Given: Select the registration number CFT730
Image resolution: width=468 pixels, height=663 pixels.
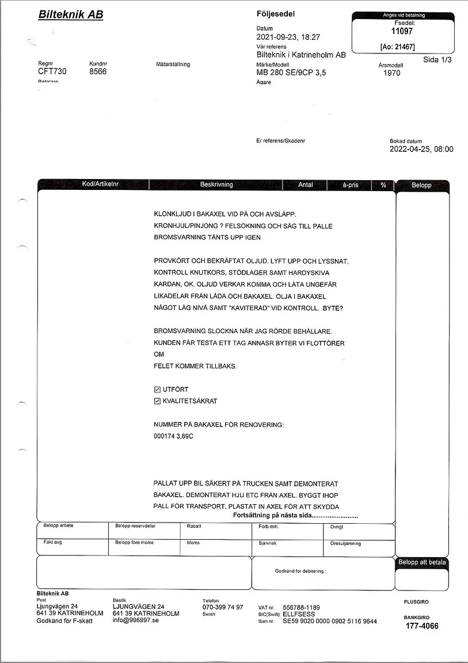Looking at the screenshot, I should point(52,72).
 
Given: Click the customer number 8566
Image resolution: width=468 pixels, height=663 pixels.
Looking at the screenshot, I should point(98,72).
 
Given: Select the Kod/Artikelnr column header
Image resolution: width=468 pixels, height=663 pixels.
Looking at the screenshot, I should point(93,185).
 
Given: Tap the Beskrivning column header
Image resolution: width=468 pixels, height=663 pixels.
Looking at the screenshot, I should point(216,185).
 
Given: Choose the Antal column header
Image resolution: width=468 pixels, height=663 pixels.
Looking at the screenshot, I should point(305,185).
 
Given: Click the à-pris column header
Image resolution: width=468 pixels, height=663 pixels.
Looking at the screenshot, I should point(350,185).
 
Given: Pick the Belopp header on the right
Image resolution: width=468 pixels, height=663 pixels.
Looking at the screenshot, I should point(421,185).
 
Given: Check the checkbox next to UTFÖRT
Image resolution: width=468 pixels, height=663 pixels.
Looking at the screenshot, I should point(157,390).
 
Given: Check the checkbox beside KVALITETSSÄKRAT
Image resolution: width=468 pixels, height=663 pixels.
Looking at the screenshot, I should point(157,401).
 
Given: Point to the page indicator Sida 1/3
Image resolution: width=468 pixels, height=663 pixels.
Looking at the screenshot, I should point(437,59).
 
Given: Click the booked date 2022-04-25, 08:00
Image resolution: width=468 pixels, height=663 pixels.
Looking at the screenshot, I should point(421,149).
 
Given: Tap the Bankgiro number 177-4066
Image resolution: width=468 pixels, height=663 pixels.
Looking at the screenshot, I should point(421,626).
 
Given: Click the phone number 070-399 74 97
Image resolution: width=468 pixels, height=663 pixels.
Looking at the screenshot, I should point(223,607).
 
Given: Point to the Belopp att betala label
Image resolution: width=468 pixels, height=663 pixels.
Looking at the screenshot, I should point(422,562).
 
